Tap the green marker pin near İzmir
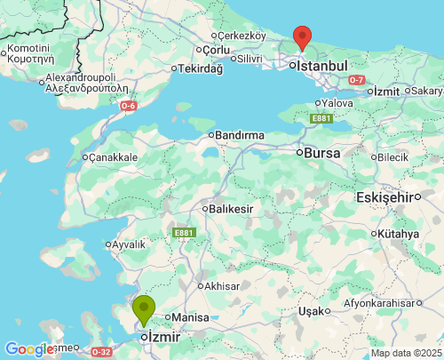click(x=144, y=309)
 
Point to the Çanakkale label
click(x=114, y=157)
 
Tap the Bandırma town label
click(x=240, y=135)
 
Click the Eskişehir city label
click(x=386, y=196)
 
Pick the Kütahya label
click(x=398, y=234)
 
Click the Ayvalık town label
click(x=128, y=244)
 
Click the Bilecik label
click(x=393, y=156)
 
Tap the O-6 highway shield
click(x=130, y=106)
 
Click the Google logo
click(x=29, y=349)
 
